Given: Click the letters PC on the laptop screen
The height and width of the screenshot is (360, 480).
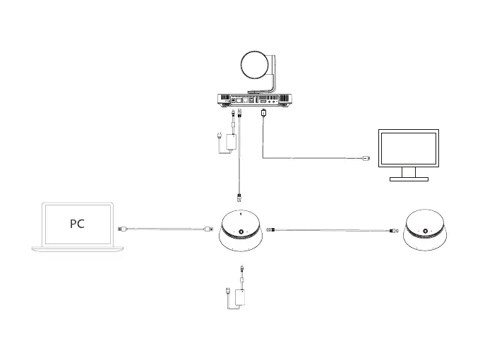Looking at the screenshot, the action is pyautogui.click(x=77, y=224).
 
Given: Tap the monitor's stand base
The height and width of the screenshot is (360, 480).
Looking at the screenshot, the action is pyautogui.click(x=408, y=179).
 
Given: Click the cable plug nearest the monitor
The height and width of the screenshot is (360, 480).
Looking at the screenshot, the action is pyautogui.click(x=364, y=159).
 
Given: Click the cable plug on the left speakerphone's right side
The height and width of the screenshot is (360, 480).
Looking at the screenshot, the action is pyautogui.click(x=272, y=229).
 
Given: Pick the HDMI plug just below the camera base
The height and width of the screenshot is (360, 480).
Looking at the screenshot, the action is pyautogui.click(x=264, y=114).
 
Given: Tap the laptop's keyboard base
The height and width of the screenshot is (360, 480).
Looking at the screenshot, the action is pyautogui.click(x=77, y=249).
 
